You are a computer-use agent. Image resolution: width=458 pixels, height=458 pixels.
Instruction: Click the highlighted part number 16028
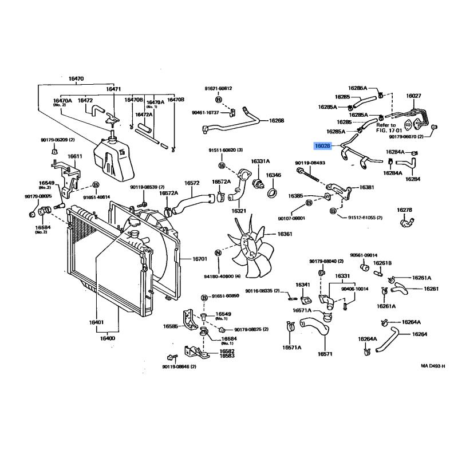[322, 146]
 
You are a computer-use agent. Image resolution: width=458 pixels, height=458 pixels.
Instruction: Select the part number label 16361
[285, 234]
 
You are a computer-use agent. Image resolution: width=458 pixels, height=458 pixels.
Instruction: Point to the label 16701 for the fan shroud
[200, 259]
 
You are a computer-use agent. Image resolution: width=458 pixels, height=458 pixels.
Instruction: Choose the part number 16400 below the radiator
[108, 338]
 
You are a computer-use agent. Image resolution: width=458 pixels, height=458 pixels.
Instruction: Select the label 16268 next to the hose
[277, 121]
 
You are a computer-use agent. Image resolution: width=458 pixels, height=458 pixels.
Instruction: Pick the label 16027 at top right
[414, 96]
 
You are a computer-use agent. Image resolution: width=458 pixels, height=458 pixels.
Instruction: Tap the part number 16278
[404, 210]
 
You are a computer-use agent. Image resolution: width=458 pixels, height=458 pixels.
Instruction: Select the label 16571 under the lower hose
[325, 354]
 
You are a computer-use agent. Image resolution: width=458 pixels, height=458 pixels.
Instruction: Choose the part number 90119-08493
[310, 163]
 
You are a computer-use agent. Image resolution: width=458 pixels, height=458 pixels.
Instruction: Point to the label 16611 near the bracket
[75, 156]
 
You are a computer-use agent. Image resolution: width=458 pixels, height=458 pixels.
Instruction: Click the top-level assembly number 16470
[76, 78]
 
